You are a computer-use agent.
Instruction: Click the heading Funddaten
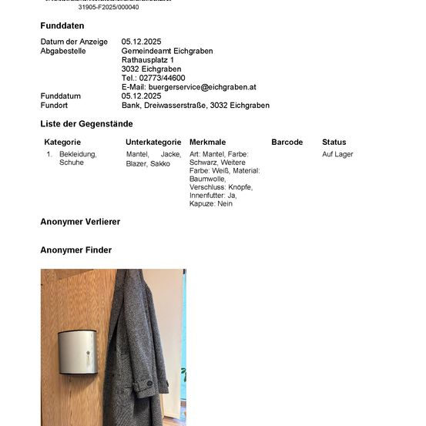click(62, 26)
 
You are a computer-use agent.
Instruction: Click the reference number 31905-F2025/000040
click(109, 7)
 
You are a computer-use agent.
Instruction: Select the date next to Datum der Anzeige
click(141, 42)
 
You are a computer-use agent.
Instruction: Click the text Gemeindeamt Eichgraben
click(167, 51)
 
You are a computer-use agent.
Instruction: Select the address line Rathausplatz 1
click(148, 60)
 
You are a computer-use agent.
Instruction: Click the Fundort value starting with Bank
click(196, 106)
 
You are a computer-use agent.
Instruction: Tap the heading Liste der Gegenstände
click(86, 124)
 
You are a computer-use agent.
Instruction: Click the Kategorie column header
click(62, 143)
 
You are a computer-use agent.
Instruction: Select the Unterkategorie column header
click(153, 143)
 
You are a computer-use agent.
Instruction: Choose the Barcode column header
click(287, 143)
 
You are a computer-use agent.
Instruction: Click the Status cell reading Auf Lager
click(337, 155)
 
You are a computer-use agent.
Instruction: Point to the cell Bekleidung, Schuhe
click(77, 159)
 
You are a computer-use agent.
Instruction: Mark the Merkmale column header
click(207, 143)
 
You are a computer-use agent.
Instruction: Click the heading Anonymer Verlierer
click(80, 222)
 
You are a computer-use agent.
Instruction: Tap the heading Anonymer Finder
click(75, 250)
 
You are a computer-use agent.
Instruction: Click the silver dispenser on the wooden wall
click(78, 352)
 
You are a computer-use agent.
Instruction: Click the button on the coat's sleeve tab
click(149, 384)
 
